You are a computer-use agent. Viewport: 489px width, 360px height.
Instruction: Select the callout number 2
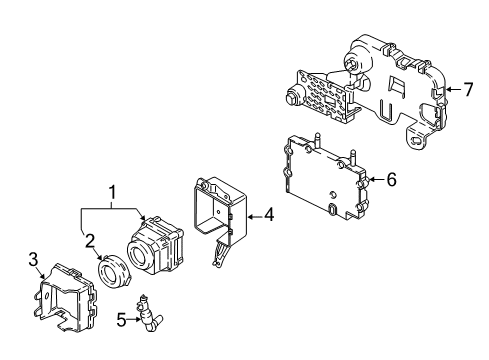[90, 239]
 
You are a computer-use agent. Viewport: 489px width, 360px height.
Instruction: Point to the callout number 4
[269, 214]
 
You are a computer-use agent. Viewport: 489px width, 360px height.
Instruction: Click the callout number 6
[391, 180]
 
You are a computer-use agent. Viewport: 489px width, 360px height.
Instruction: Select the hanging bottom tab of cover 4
[216, 258]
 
